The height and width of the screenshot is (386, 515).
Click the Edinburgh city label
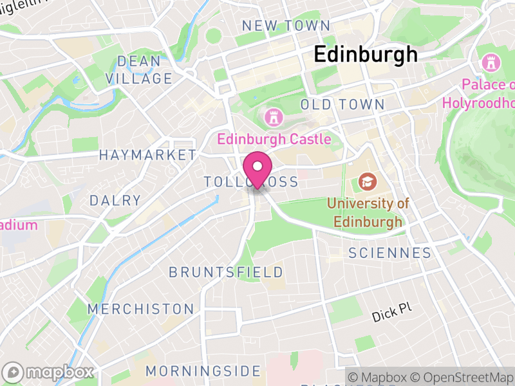366,55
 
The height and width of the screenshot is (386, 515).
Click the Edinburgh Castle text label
274,139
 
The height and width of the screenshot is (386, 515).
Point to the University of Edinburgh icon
368,182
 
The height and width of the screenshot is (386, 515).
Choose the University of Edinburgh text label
368,213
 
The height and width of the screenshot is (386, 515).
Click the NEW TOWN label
285,26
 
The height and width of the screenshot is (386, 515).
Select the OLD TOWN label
342,104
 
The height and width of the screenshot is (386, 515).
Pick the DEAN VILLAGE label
139,70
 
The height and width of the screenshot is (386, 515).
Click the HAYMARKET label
147,155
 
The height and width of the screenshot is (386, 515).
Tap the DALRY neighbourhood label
115,201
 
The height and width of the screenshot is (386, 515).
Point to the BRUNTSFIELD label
226,272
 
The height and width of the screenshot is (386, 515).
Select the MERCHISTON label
141,309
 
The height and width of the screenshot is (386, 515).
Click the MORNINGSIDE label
203,371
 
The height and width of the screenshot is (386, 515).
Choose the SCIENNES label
390,253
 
